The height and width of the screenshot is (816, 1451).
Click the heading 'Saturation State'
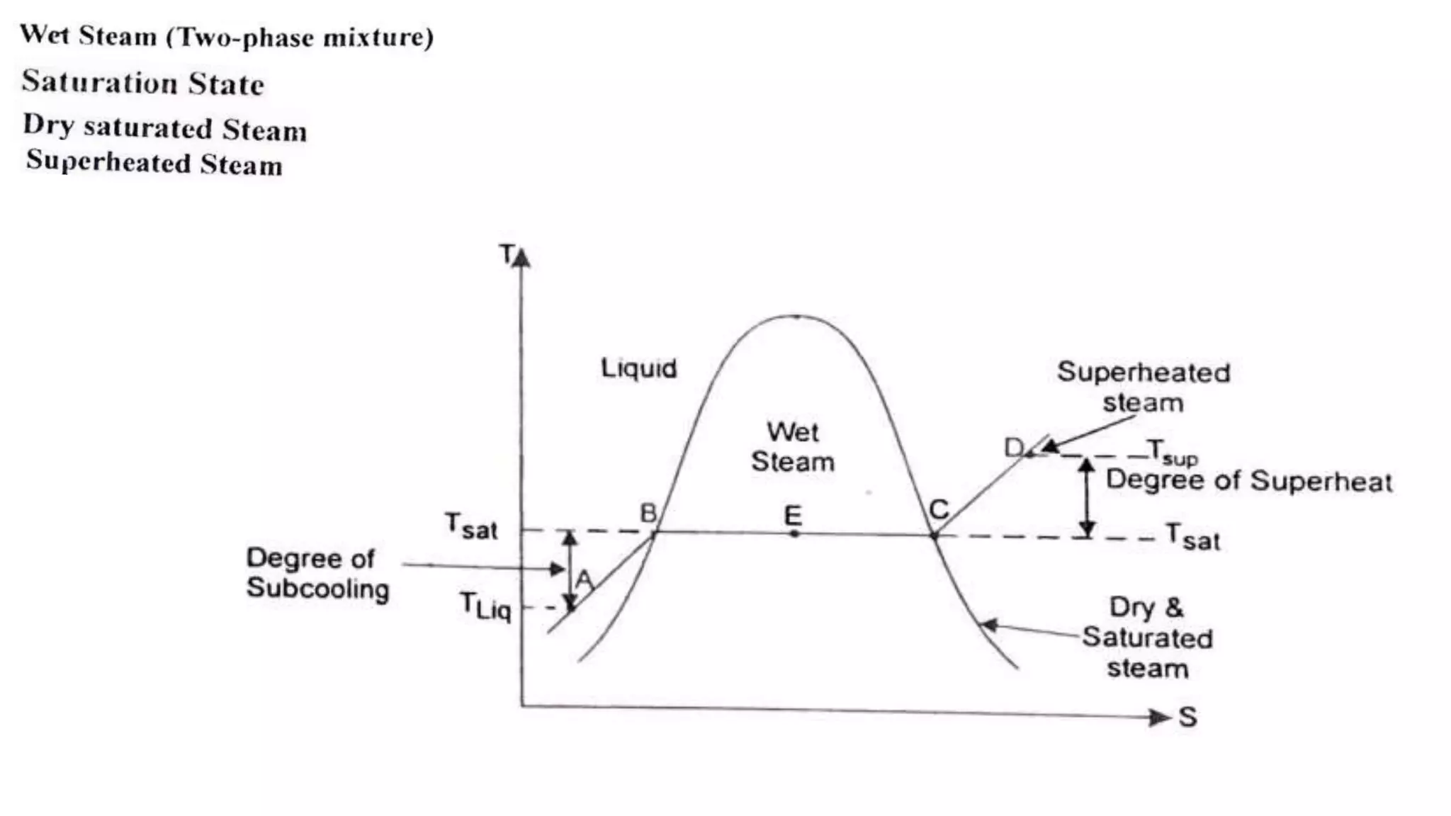point(143,83)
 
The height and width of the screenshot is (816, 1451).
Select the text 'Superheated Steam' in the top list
point(154,163)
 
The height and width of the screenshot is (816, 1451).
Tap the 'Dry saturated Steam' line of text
point(165,127)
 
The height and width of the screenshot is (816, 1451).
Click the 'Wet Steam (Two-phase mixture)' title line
point(227,36)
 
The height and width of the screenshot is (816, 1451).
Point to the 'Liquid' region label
point(638,368)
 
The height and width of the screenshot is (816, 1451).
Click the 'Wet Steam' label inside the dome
point(793,447)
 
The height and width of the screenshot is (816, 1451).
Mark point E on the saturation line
point(794,533)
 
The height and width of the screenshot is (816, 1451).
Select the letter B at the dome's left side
point(648,513)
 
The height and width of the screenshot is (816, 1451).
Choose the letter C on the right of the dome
point(938,509)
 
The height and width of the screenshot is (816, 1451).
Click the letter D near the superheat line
point(1014,447)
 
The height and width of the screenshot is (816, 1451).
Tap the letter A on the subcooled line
point(584,579)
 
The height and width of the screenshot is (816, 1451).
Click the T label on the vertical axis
point(507,254)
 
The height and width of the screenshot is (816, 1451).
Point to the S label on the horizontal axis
point(1188,718)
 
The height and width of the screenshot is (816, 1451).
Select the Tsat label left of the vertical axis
point(471,526)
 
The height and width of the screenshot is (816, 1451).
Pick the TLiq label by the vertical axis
point(485,606)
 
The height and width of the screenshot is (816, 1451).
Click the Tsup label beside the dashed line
point(1173,451)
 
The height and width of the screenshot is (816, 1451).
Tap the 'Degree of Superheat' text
point(1248,481)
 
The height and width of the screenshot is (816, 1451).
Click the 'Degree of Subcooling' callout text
point(317,573)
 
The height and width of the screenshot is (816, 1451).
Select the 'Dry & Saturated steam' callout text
point(1147,637)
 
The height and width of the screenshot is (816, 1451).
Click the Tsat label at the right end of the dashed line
point(1193,537)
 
